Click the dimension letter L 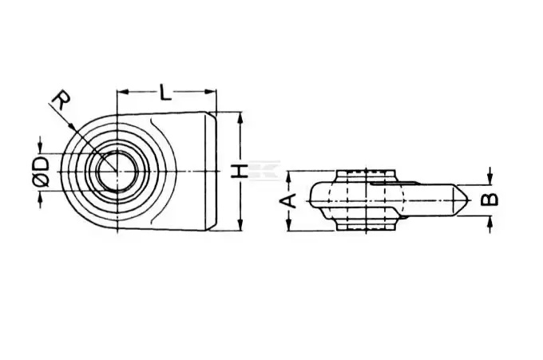165,92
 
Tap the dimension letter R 61,100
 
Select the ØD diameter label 42,172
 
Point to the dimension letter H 239,172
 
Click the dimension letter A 289,200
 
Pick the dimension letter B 490,200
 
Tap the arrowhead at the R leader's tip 73,127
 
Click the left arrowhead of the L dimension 123,92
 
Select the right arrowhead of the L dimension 211,92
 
